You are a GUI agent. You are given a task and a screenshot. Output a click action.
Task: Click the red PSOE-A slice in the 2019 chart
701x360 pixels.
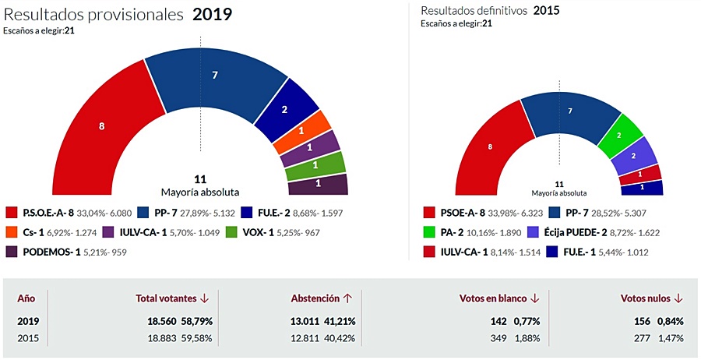(x=101, y=126)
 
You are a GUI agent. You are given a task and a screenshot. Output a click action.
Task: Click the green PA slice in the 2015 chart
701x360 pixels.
(x=620, y=134)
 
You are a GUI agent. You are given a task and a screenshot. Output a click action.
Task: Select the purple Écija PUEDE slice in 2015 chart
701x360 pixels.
(x=633, y=155)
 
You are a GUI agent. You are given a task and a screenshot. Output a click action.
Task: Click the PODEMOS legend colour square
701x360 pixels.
(x=12, y=252)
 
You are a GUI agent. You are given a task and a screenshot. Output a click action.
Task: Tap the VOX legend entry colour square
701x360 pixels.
(x=231, y=232)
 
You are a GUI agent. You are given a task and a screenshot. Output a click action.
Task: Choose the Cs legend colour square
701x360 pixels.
(x=12, y=232)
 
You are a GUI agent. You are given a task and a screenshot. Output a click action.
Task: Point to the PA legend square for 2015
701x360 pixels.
(x=429, y=232)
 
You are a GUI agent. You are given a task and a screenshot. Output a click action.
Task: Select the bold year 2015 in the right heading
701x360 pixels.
(x=546, y=11)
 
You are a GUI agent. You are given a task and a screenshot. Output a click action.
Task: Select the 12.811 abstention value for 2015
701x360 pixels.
(x=306, y=337)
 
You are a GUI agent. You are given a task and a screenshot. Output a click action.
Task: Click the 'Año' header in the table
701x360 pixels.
(x=26, y=298)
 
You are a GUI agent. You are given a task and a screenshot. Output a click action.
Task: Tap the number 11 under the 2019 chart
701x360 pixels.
(x=199, y=178)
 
